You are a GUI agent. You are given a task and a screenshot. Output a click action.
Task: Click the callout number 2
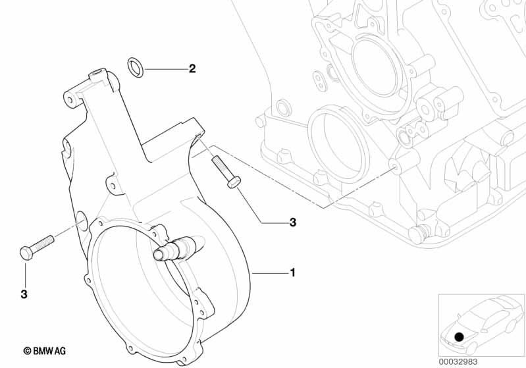pyautogui.click(x=192, y=68)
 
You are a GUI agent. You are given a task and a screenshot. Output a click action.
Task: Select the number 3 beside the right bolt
pyautogui.click(x=293, y=223)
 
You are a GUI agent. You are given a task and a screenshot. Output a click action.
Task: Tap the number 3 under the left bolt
pyautogui.click(x=24, y=294)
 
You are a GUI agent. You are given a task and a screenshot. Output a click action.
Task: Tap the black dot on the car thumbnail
pyautogui.click(x=459, y=336)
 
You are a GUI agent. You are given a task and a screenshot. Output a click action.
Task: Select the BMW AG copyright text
pyautogui.click(x=45, y=352)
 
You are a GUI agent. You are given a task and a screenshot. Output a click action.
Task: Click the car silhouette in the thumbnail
pyautogui.click(x=481, y=323)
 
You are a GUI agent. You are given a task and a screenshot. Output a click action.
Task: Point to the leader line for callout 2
pyautogui.click(x=164, y=68)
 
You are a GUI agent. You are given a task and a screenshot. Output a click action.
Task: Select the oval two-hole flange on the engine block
pyautogui.click(x=323, y=82)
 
